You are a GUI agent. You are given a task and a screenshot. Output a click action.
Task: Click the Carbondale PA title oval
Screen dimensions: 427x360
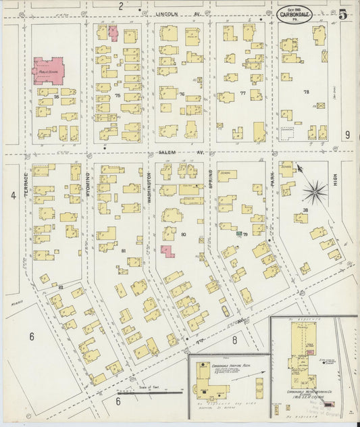(296, 14)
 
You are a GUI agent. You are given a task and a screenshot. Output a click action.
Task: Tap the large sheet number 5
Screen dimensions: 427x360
(343, 14)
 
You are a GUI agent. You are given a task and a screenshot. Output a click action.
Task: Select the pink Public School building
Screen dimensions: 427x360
(49, 72)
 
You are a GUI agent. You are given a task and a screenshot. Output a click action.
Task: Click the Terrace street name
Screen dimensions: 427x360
(27, 182)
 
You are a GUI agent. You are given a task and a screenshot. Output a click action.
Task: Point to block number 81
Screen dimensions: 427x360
(123, 251)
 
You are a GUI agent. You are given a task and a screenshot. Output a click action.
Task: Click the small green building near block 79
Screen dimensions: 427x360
(239, 232)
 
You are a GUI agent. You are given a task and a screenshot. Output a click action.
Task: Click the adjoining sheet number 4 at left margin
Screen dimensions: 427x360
(13, 196)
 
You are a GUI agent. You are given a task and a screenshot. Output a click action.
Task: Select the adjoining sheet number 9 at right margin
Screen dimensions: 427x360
(346, 135)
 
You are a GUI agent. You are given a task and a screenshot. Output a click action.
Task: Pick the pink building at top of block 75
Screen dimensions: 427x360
(113, 32)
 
